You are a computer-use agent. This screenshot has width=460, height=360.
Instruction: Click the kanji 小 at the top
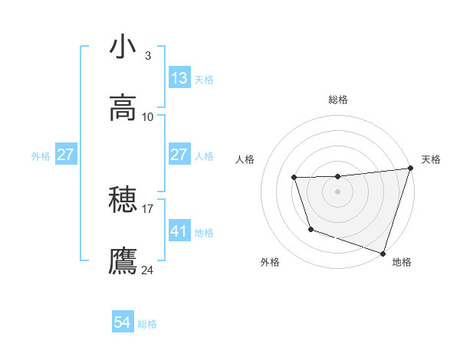pos(123,47)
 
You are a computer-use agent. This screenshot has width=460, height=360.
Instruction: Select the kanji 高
pos(123,108)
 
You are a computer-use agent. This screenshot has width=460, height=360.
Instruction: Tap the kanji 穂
pos(123,201)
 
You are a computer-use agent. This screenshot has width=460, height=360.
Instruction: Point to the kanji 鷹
pos(123,261)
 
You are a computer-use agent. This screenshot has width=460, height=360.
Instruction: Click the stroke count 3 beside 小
pos(147,56)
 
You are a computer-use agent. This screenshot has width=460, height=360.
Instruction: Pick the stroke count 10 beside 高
pos(148,116)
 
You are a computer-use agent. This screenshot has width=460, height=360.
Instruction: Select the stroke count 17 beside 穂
pos(148,208)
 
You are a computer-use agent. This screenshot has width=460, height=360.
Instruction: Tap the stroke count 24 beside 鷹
pos(148,270)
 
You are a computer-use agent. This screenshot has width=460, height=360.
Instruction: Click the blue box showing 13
pos(179,78)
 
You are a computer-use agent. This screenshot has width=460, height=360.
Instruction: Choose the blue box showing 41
pos(179,231)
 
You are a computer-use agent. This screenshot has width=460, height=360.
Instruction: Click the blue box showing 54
pos(123,323)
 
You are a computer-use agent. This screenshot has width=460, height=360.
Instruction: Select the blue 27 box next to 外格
pos(66,155)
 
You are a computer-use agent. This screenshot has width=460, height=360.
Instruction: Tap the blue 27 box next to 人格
pos(179,155)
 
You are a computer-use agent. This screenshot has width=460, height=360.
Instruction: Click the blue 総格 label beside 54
pos(147,324)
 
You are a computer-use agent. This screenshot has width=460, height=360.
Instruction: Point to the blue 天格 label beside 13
pos(204,79)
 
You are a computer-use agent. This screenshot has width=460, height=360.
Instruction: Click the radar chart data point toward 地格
pos(383,253)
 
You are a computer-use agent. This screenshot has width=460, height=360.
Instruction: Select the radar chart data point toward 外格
pos(310,229)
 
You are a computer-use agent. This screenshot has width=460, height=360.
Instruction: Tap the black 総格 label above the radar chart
pos(338,100)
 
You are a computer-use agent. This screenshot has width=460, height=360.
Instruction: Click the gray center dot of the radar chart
pos(338,191)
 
